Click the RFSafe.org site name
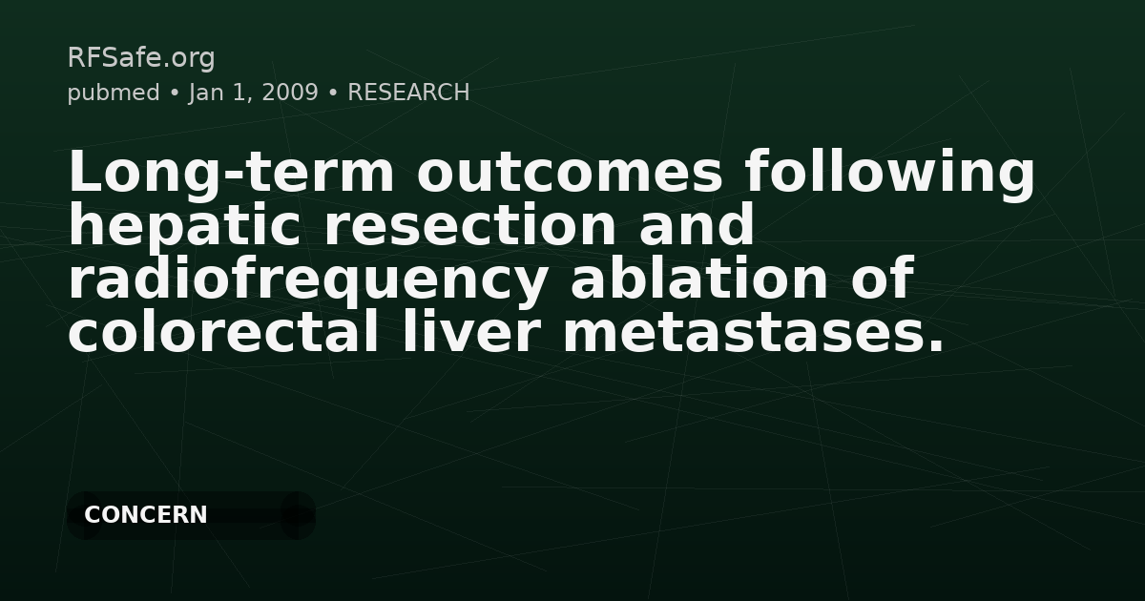coord(141,58)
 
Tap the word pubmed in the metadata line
coord(114,93)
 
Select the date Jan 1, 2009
coord(253,93)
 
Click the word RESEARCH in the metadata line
coord(408,93)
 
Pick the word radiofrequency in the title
coord(308,280)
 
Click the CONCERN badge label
coord(146,515)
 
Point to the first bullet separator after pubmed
coord(175,93)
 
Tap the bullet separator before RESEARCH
coord(333,93)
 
